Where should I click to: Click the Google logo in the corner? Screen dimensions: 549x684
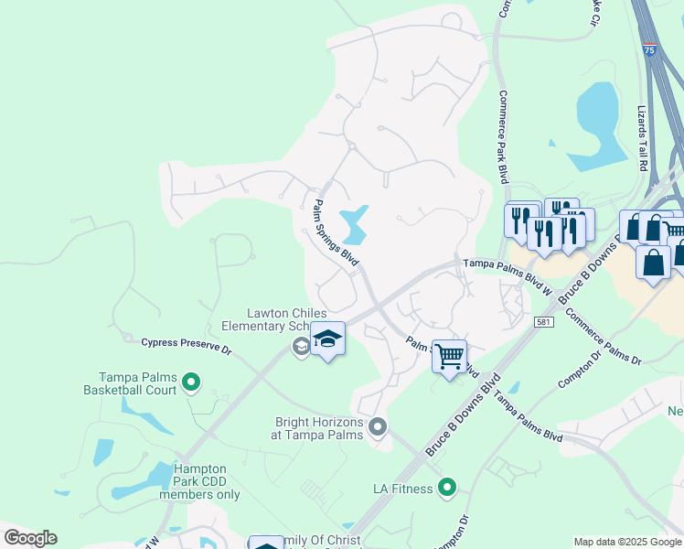point(30,538)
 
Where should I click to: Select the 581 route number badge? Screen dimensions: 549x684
point(542,322)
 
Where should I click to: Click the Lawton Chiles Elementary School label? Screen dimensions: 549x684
point(273,319)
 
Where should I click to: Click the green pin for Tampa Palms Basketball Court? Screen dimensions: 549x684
point(191,382)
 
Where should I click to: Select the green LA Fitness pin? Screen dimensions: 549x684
point(447,489)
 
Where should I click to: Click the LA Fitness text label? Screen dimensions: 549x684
point(402,489)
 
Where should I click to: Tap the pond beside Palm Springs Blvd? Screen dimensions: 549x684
point(354,223)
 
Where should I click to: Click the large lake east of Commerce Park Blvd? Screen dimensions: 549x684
point(596,110)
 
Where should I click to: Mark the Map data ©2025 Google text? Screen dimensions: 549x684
point(626,542)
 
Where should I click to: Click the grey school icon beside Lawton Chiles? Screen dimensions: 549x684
point(300,346)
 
